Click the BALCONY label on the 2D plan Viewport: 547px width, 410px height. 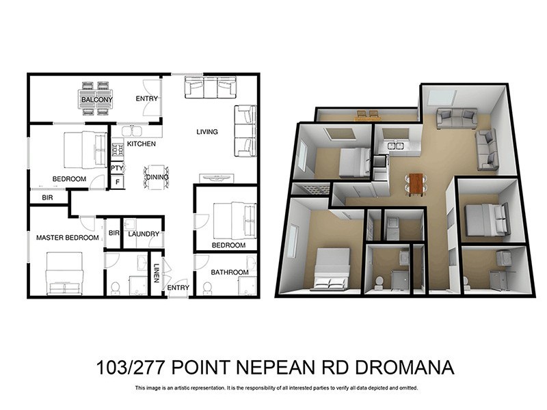tap(96, 100)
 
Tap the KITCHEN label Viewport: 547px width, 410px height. tap(141, 144)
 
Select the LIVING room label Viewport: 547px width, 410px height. tap(207, 132)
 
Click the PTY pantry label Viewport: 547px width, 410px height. tap(117, 167)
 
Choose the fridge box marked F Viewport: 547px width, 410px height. tap(117, 182)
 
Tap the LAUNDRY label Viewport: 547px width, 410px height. tap(144, 234)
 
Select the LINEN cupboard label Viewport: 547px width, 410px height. tap(157, 273)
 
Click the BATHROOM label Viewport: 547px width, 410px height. tap(229, 272)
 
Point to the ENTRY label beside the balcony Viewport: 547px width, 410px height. tap(146, 98)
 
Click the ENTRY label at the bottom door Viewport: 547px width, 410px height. tap(178, 288)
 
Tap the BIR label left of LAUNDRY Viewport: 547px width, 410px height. tap(114, 233)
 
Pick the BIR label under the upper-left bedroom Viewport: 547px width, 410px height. tap(46, 197)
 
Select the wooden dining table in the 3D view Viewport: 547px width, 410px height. tap(415, 183)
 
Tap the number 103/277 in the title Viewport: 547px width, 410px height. tap(133, 368)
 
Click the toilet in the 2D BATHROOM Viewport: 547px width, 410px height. tap(207, 288)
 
